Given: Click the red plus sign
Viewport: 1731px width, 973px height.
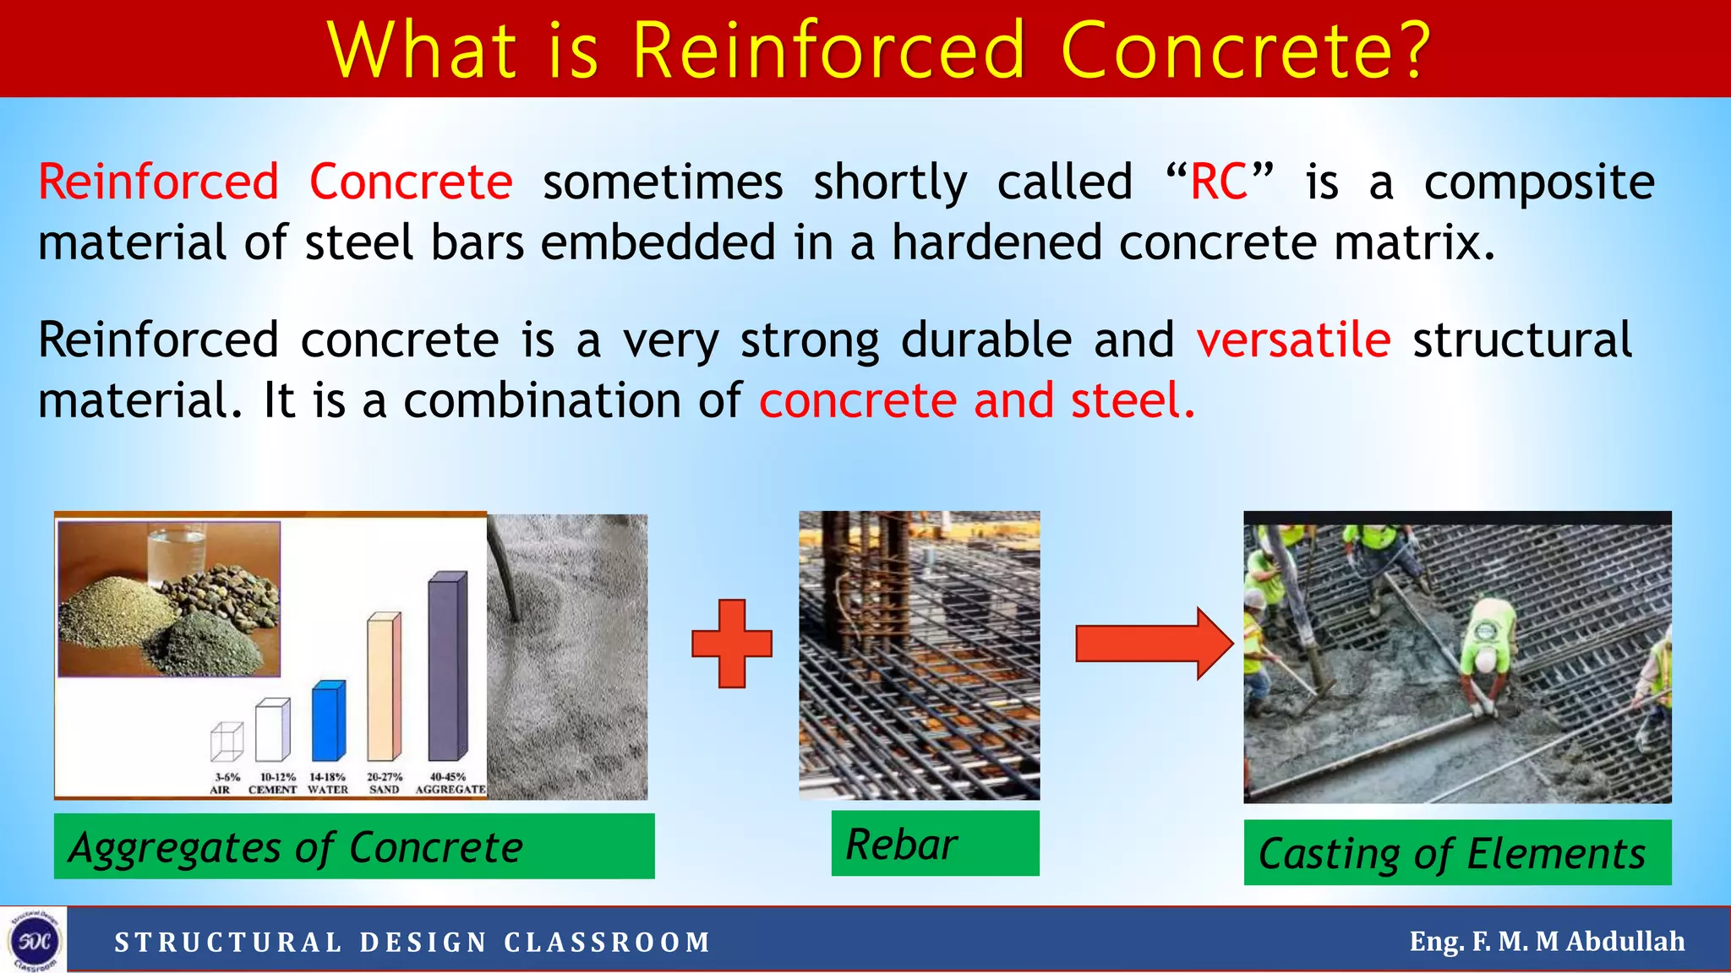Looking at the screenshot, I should point(732,644).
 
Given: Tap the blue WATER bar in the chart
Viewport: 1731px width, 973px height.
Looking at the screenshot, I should point(328,721).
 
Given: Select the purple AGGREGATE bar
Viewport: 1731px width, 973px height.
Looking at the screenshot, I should point(447,667).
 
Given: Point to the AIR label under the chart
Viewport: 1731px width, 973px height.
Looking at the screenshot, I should point(220,790).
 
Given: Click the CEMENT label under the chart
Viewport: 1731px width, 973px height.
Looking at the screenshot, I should point(272,790).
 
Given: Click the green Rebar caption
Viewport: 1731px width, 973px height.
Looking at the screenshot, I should point(935,844).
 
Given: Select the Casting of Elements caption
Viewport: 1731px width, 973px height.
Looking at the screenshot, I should point(1456,853).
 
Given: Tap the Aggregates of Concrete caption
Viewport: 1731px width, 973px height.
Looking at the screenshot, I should point(353,846).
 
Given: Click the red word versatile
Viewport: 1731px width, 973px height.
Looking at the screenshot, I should point(1293,340).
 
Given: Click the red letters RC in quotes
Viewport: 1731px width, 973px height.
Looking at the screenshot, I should point(1218,182).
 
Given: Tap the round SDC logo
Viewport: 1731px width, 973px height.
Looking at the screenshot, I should point(34,941).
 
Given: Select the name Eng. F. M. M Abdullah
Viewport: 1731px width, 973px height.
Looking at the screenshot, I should point(1546,941).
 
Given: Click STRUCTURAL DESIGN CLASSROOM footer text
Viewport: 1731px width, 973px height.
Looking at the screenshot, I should point(412,942).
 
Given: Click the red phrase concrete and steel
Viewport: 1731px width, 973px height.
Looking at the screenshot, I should point(976,400).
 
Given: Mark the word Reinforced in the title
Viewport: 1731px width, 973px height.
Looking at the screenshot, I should point(828,51).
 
